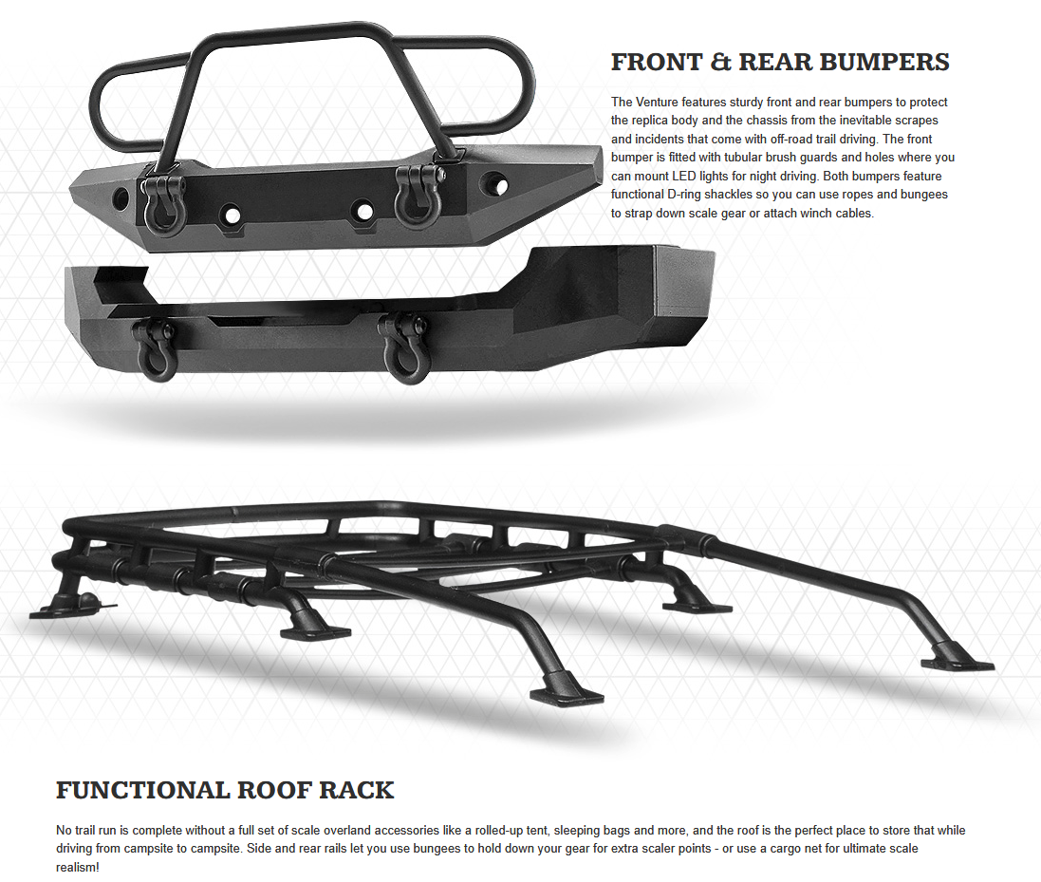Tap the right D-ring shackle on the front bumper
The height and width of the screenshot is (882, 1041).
[x=414, y=199]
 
